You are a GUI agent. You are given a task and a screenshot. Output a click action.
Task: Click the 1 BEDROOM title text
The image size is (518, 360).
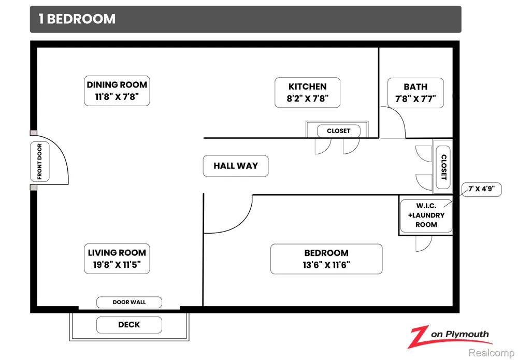coord(77,19)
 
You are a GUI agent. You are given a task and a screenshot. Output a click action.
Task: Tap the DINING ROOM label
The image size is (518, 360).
coord(117,91)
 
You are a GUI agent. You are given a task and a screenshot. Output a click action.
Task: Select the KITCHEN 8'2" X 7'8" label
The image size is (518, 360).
coord(308,93)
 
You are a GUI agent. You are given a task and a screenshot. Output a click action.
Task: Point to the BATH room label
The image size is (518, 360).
coord(415,93)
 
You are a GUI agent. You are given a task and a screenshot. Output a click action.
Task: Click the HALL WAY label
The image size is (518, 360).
coord(236,166)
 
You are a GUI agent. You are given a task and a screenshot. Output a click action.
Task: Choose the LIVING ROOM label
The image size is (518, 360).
coord(117,258)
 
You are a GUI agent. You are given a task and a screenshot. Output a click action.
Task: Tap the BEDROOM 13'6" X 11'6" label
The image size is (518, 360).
coord(326,259)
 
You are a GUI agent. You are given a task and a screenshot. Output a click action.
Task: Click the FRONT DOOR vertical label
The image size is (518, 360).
coord(40,162)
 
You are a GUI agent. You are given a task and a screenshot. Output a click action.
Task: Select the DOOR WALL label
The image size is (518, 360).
coord(129,302)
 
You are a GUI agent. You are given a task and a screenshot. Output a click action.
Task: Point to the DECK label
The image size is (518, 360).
coord(129,325)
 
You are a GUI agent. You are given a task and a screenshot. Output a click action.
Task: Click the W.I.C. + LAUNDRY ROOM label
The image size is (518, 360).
coord(426,215)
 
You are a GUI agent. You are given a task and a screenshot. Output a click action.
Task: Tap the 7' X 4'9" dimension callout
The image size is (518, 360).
coord(482,189)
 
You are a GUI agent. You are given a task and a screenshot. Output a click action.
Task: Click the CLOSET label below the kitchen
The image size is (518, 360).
coord(339,131)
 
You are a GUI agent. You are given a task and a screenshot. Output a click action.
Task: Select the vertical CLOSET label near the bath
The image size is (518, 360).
coord(444,167)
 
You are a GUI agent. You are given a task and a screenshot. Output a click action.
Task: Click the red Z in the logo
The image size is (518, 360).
coord(419,337)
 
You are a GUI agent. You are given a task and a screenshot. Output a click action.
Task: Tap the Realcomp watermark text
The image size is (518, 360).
coord(491,353)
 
